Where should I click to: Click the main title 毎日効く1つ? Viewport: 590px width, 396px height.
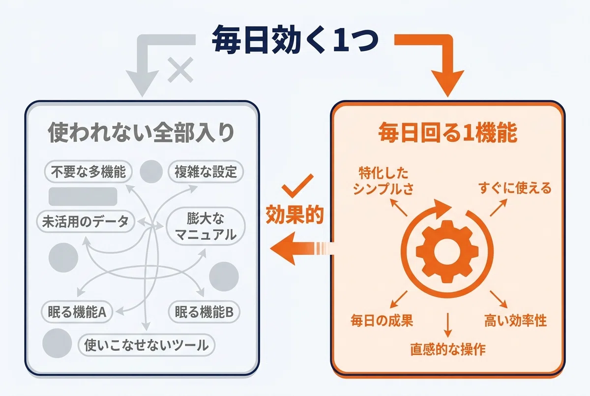coord(295,39)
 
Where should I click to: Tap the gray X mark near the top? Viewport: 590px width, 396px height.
coord(181,70)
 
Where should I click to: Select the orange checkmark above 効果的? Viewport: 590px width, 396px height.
coord(297,186)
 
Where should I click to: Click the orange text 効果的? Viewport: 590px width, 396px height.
coord(295,215)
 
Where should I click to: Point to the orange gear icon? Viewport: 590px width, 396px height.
coord(447,251)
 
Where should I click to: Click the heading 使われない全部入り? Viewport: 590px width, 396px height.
coord(141,132)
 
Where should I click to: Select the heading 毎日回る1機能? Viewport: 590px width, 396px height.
coord(448,132)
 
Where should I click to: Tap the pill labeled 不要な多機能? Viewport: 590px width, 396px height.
coord(88,172)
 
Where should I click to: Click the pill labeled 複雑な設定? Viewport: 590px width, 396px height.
coord(206,172)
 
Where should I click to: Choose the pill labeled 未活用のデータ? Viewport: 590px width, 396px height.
coord(86,221)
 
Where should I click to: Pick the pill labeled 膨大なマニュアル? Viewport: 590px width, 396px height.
coord(206,227)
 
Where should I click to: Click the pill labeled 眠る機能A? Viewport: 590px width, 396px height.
coord(77,312)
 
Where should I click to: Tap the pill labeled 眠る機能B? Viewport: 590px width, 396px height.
coord(204,312)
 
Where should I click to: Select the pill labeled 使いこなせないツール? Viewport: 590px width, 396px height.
coord(147,345)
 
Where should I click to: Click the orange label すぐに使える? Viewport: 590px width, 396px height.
coord(515,188)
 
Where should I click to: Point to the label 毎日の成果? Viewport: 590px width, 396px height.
coord(382,321)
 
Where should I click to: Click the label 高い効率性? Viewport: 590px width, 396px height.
coord(515,321)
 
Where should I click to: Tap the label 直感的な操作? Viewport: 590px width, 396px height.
coord(448,349)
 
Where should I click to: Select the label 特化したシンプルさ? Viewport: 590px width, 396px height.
coord(383,181)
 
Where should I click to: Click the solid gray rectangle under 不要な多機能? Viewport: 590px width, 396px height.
coord(83,197)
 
